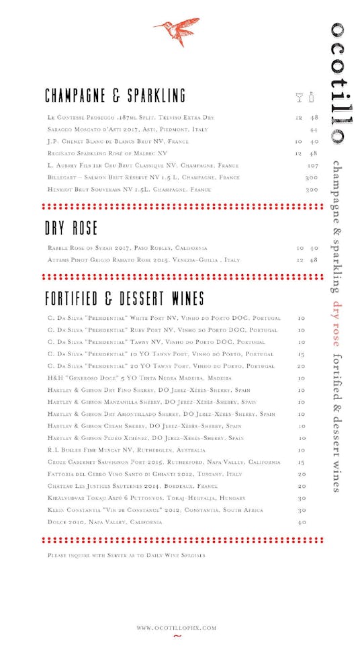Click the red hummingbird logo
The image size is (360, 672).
click(177, 31)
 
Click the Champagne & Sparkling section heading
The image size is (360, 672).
click(116, 95)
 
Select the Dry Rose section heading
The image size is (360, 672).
click(71, 228)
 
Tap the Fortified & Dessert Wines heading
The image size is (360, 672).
click(125, 298)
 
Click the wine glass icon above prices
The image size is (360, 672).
click(300, 97)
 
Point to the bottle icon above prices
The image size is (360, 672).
click(312, 97)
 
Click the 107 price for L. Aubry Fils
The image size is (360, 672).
click(312, 165)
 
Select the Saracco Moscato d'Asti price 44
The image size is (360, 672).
click(314, 129)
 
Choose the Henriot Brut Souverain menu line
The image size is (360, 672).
click(130, 190)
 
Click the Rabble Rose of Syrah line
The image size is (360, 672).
click(128, 248)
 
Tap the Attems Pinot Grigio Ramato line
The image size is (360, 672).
click(144, 259)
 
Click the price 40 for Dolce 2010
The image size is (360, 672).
click(302, 522)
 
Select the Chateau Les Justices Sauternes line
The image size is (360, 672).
click(132, 486)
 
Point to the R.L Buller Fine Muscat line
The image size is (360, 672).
click(127, 450)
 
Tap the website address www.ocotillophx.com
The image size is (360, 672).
click(177, 628)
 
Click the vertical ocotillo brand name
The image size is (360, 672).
click(338, 83)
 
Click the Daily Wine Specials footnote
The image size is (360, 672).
click(126, 555)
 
